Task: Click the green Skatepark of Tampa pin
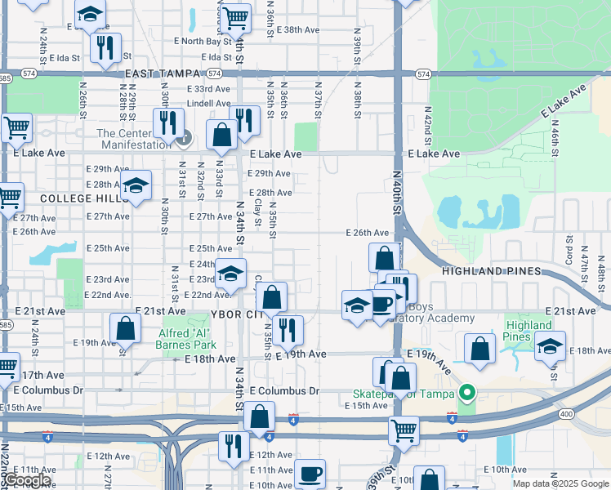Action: (466, 394)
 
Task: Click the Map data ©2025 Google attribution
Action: (560, 483)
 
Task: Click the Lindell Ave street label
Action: (209, 104)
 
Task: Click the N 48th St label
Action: (600, 263)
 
